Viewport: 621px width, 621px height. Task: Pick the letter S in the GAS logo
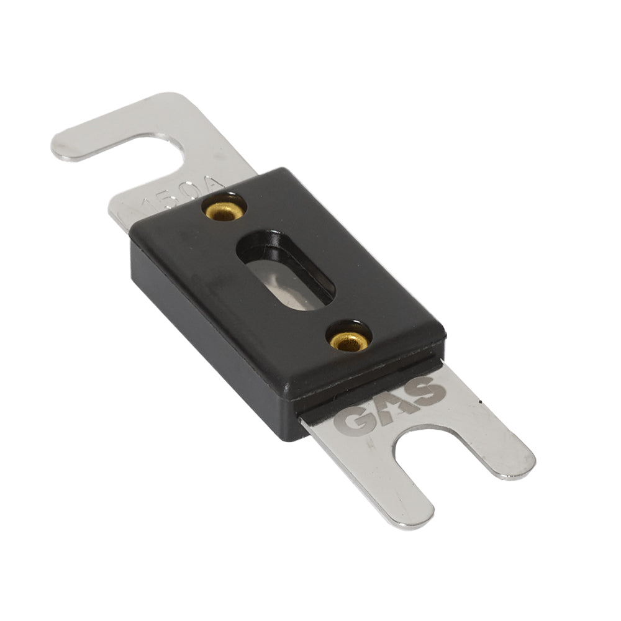tap(428, 390)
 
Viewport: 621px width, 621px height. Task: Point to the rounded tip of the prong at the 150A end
tap(65, 146)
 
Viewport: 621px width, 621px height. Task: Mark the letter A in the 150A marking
tap(214, 184)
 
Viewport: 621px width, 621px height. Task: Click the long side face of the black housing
tap(205, 335)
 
